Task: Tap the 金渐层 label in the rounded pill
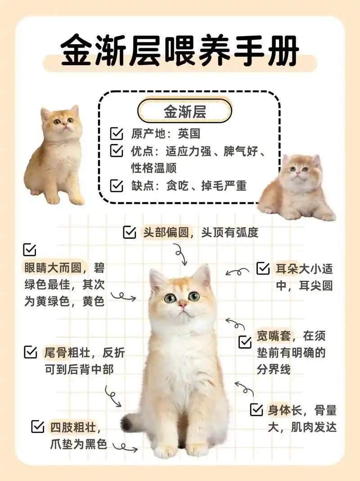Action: click(184, 112)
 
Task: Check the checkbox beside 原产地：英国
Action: click(117, 134)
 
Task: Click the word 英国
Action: click(189, 134)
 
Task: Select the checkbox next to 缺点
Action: click(117, 185)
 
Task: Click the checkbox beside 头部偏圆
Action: click(130, 232)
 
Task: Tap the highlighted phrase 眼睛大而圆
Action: click(52, 268)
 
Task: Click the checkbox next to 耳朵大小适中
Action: click(263, 269)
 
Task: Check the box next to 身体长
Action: click(256, 409)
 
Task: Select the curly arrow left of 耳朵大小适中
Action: click(237, 272)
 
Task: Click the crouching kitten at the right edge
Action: click(297, 187)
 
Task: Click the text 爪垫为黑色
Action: click(78, 445)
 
